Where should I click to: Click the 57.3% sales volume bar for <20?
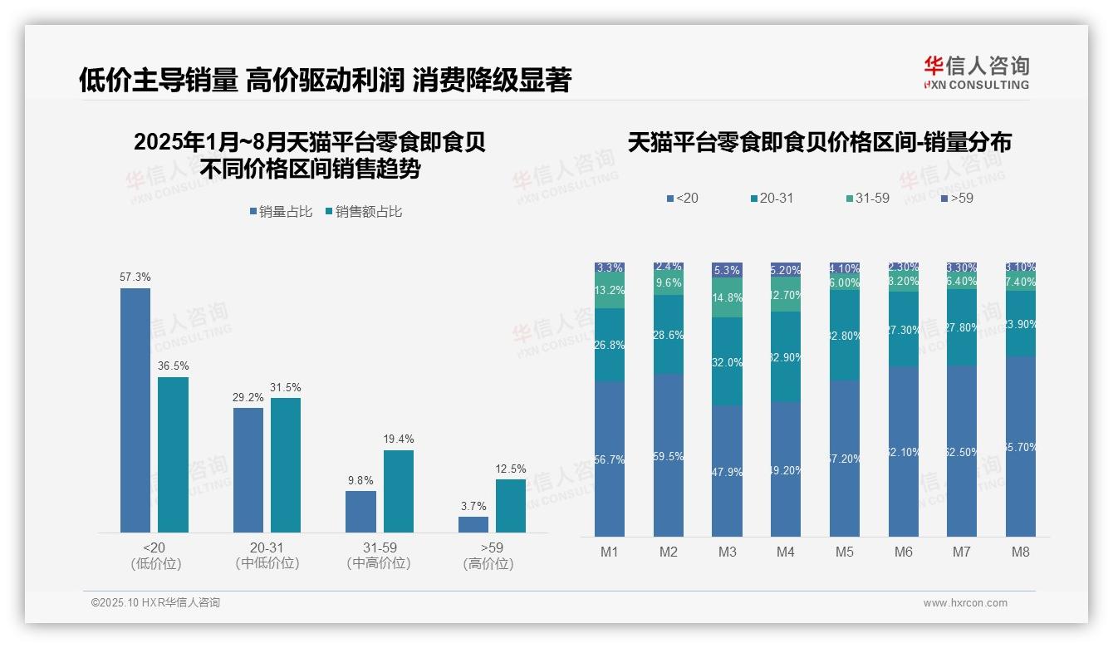(135, 410)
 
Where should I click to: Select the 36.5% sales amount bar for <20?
(173, 454)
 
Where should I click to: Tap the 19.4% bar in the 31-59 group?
(398, 491)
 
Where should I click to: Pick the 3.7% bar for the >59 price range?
(473, 524)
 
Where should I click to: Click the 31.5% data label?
(286, 388)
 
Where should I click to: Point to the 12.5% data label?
(511, 469)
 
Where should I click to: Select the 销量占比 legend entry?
(281, 212)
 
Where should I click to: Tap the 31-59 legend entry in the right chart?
(867, 199)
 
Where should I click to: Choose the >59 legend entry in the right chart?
(957, 199)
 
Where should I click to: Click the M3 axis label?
(728, 552)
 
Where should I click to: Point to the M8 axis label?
(1021, 552)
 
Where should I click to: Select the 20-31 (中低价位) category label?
(267, 556)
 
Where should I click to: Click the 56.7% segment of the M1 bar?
(610, 459)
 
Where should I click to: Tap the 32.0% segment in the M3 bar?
(728, 361)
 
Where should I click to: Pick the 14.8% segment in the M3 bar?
(728, 297)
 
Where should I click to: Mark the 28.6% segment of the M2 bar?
(669, 334)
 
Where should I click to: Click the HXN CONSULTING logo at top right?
(976, 72)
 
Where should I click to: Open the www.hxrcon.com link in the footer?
(965, 603)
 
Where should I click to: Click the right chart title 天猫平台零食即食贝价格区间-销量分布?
(819, 143)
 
